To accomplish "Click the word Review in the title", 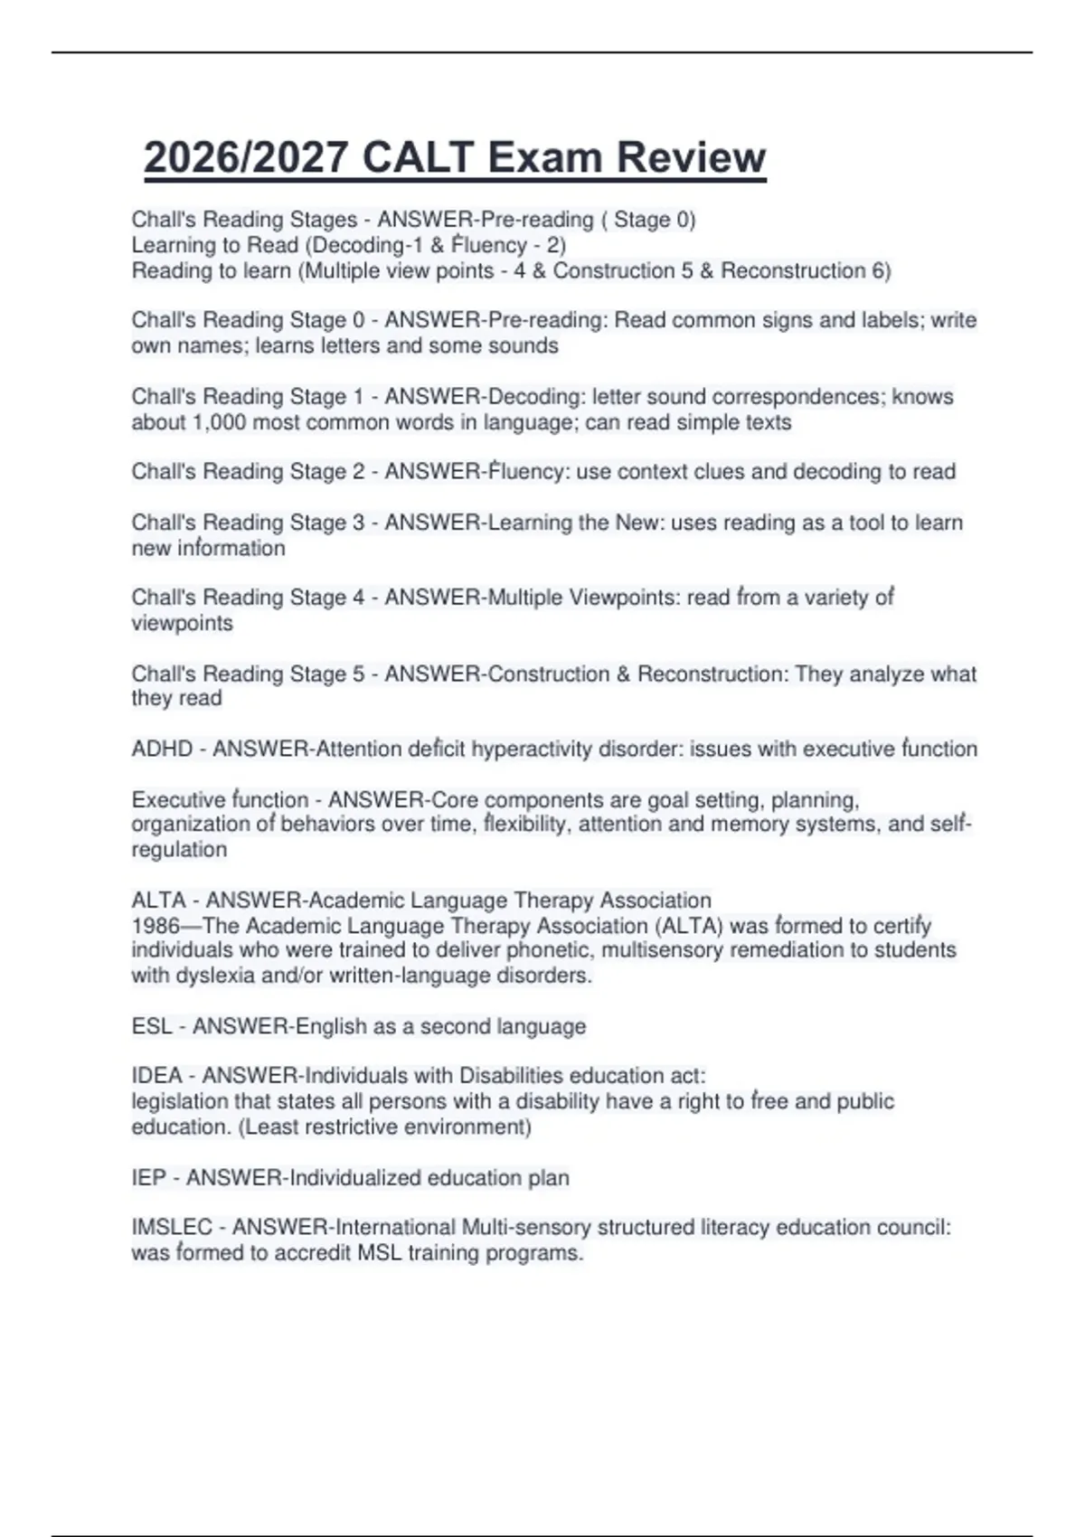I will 692,157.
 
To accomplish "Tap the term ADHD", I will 162,749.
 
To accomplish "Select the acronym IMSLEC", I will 172,1227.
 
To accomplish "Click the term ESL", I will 152,1026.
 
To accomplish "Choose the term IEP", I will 148,1177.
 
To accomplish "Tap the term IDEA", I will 156,1076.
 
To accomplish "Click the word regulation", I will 179,849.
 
